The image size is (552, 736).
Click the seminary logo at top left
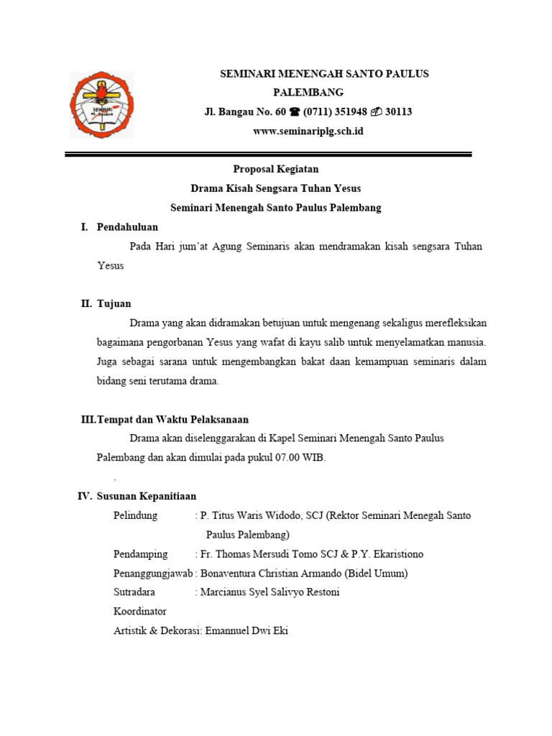101,106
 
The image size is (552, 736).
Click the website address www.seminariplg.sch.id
308,131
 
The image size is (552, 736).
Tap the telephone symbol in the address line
295,112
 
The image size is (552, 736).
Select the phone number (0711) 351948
335,112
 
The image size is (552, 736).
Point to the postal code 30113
398,112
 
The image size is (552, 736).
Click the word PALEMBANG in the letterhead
308,92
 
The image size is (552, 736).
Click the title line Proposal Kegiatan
275,170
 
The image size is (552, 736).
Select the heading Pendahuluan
127,227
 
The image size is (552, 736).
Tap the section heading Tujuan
114,304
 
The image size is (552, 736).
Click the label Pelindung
137,516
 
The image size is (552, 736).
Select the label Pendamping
141,554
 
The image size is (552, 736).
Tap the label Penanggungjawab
153,574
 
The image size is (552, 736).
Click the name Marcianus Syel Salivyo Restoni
270,592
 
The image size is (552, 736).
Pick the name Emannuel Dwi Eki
247,631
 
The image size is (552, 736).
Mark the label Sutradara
134,592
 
